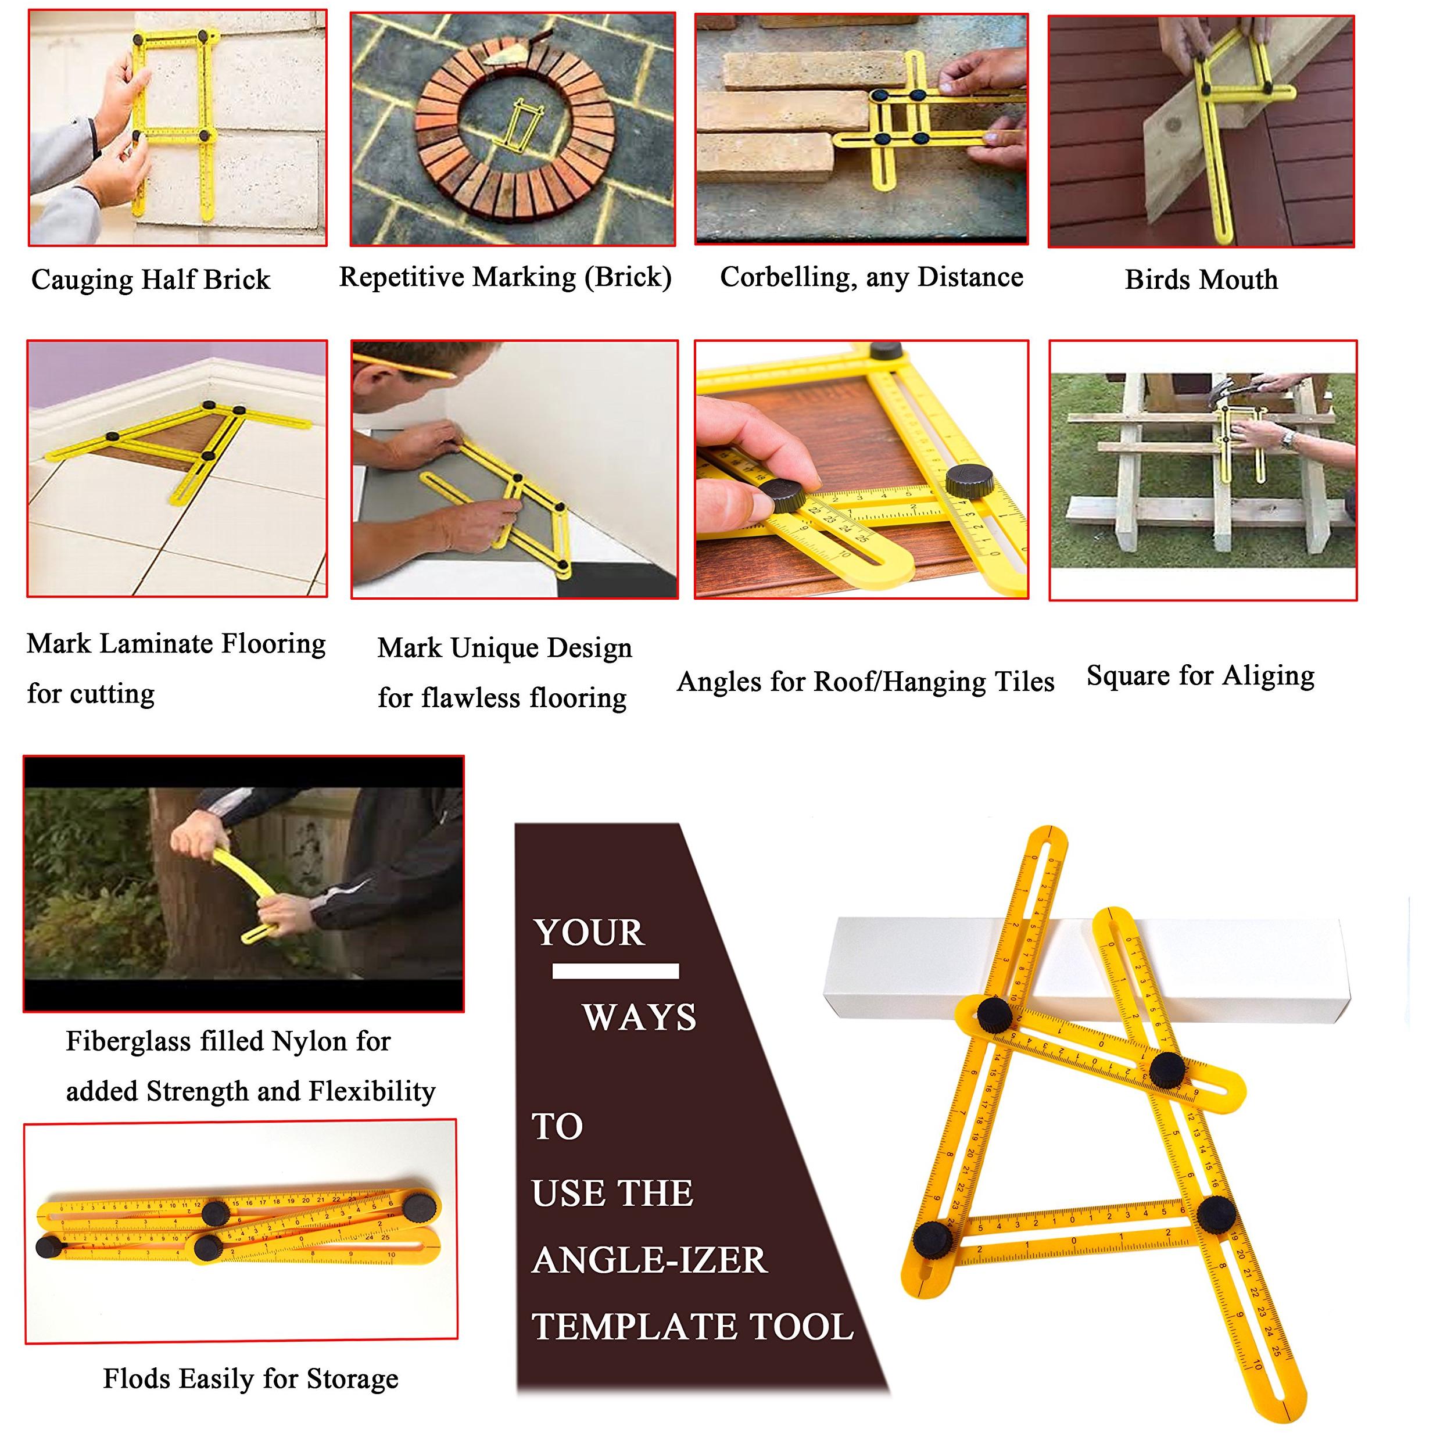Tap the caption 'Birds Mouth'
tap(1201, 280)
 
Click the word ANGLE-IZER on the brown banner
tap(650, 1260)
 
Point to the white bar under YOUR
tap(615, 971)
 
